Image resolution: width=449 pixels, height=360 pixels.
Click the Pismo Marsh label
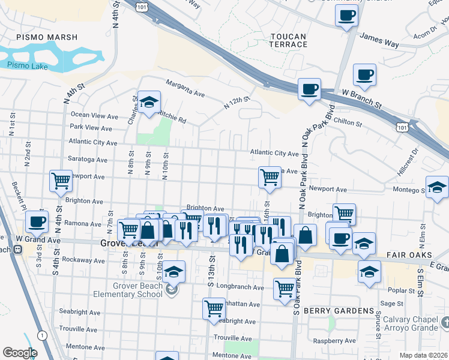47,37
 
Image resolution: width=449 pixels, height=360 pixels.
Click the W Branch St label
361,95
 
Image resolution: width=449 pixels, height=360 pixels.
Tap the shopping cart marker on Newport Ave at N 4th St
60,181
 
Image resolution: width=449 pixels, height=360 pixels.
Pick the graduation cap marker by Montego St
437,187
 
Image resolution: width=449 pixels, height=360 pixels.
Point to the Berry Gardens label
339,311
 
